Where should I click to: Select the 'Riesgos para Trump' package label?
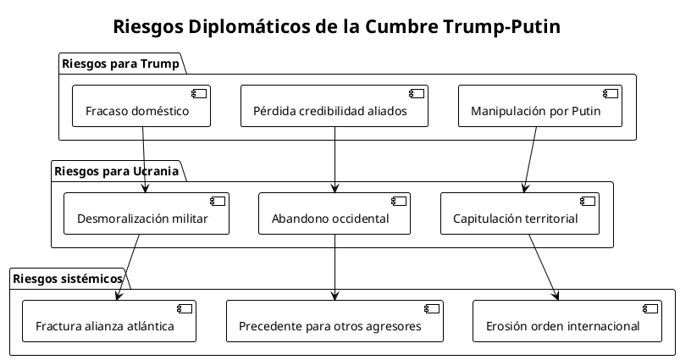click(119, 64)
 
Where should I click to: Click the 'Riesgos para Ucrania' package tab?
click(116, 171)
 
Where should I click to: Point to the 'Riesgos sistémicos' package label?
click(67, 279)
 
